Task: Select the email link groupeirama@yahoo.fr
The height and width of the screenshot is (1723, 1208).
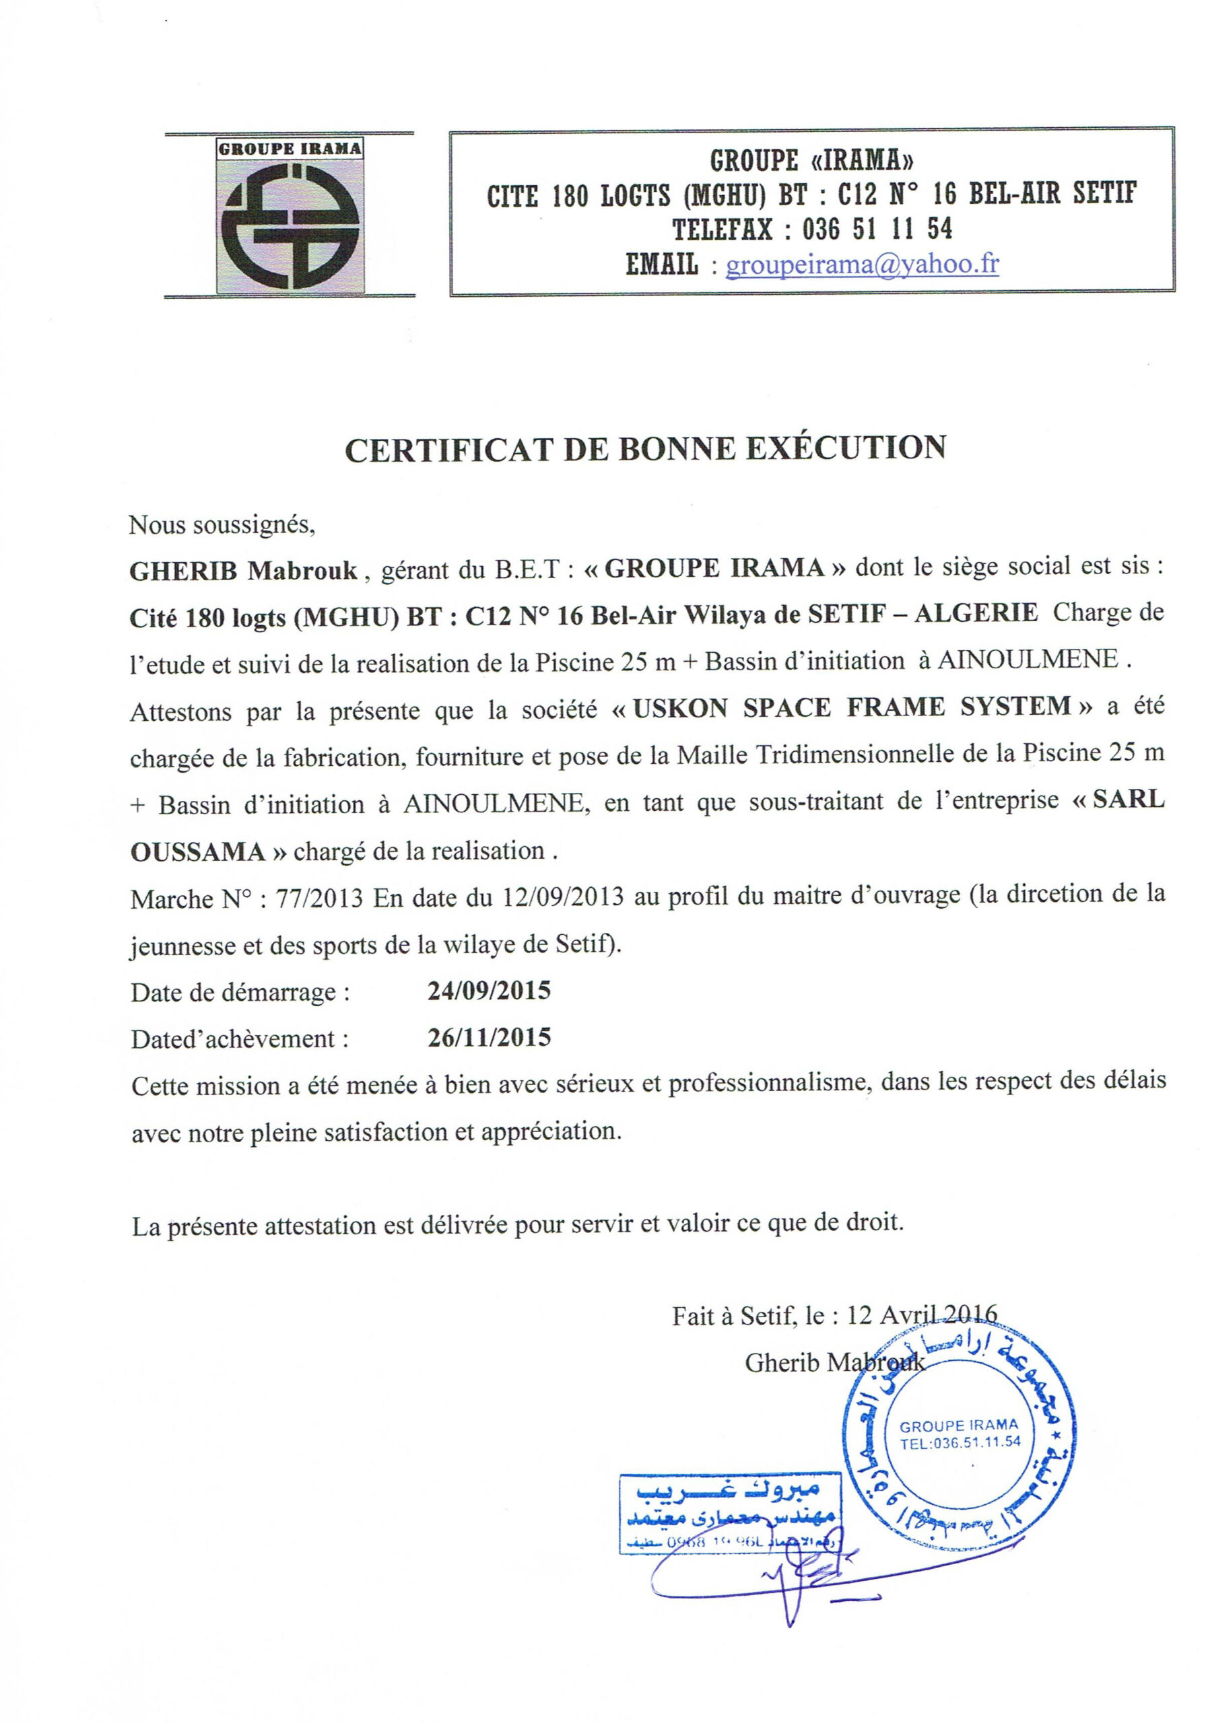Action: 861,264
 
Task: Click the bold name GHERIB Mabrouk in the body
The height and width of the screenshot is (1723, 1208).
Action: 243,571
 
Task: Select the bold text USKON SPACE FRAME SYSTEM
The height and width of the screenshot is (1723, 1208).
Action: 850,707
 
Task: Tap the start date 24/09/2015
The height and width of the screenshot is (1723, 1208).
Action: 489,991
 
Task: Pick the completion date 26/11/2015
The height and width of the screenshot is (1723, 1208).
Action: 489,1037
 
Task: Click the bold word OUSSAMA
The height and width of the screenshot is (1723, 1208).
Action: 197,853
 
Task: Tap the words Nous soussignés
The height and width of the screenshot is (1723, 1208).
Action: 222,524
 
